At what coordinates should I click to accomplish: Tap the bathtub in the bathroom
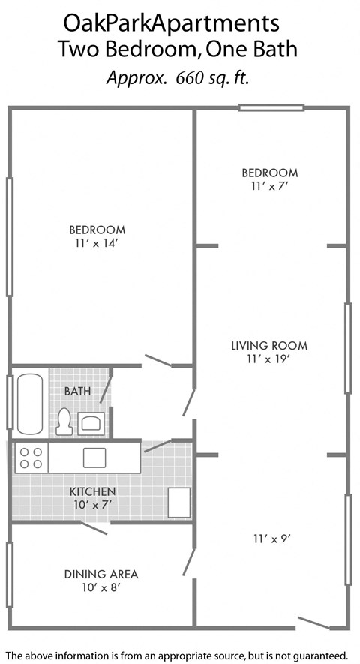click(x=30, y=403)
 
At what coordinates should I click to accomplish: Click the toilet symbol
click(x=64, y=421)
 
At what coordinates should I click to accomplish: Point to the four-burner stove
click(x=31, y=458)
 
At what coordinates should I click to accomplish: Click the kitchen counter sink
click(x=94, y=458)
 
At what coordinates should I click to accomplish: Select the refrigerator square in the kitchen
click(x=178, y=502)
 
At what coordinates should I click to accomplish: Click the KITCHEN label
click(x=92, y=491)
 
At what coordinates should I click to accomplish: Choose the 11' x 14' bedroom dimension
click(x=97, y=243)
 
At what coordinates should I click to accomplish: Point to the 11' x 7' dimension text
click(x=269, y=186)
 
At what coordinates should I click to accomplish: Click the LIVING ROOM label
click(x=269, y=346)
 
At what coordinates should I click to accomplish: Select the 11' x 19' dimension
click(x=269, y=359)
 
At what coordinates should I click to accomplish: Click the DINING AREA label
click(x=100, y=574)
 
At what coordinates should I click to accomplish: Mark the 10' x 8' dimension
click(x=100, y=587)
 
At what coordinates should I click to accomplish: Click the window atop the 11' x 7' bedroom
click(x=271, y=108)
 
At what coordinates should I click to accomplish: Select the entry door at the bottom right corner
click(x=313, y=623)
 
